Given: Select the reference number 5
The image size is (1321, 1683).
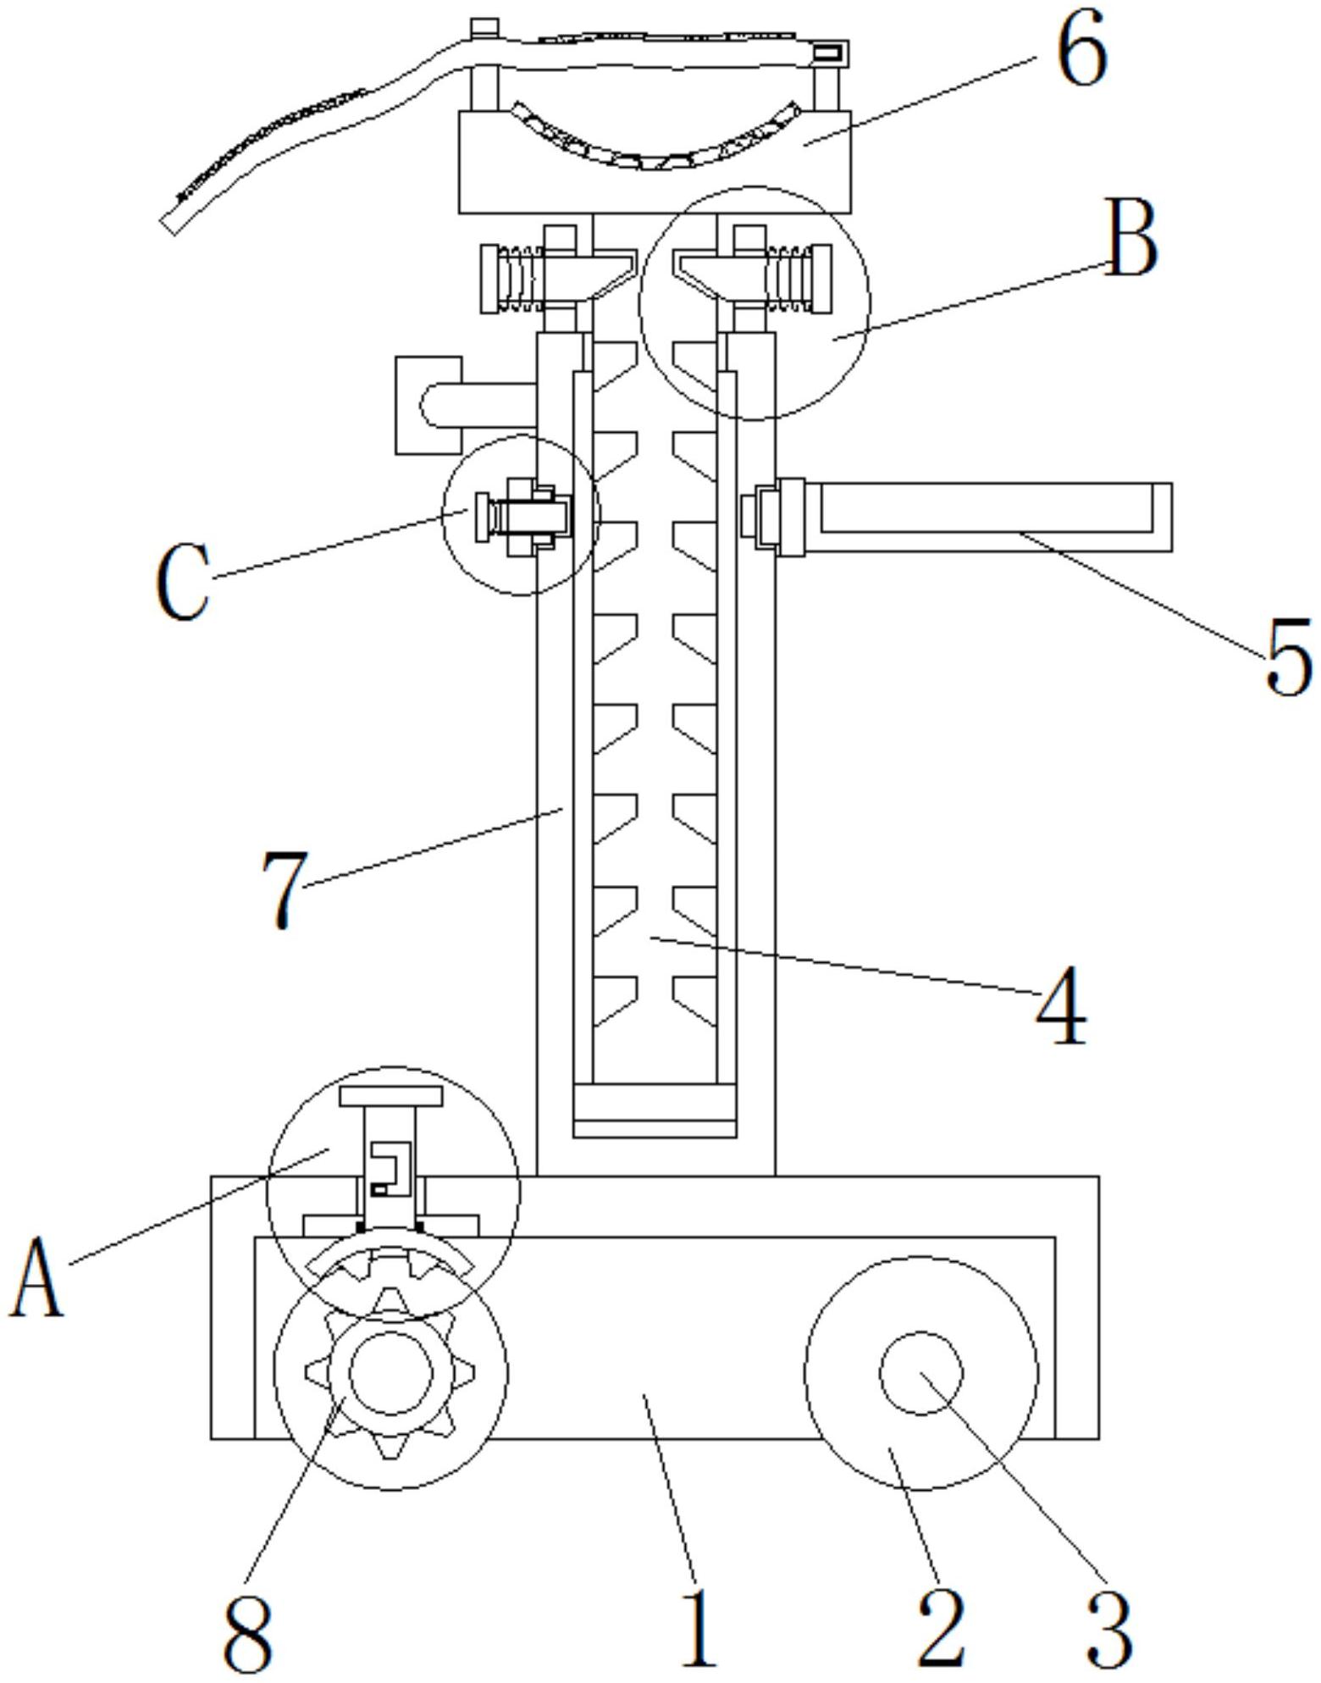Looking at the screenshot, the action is pos(1288,656).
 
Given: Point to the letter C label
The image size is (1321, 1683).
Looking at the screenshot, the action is pos(183,583).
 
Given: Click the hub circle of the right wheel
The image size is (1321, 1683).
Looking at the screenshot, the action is pos(921,1373).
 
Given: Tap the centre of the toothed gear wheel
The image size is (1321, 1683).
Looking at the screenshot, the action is pos(390,1373).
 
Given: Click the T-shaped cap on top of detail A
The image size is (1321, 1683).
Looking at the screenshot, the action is pos(390,1097).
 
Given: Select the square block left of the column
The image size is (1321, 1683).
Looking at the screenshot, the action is pos(428,405).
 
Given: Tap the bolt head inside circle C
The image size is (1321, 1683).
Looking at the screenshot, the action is pos(483,518).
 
